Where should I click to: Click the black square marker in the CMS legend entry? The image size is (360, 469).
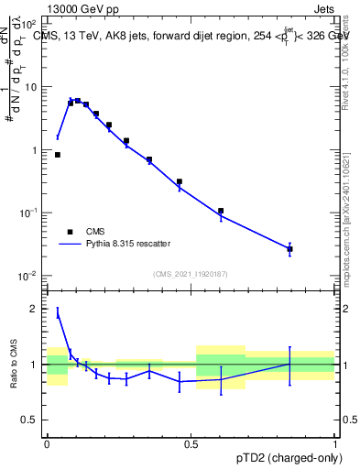pyautogui.click(x=71, y=233)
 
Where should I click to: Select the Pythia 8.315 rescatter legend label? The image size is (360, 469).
pyautogui.click(x=136, y=245)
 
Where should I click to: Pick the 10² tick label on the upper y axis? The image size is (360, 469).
pyautogui.click(x=30, y=25)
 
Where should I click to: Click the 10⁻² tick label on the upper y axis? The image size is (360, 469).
pyautogui.click(x=30, y=276)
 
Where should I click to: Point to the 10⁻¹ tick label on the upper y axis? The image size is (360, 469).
pyautogui.click(x=30, y=213)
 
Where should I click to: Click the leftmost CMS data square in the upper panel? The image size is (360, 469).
pyautogui.click(x=58, y=155)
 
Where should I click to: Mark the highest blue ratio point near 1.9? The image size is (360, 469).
pyautogui.click(x=58, y=313)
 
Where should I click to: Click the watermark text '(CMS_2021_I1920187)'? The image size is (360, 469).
pyautogui.click(x=190, y=273)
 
